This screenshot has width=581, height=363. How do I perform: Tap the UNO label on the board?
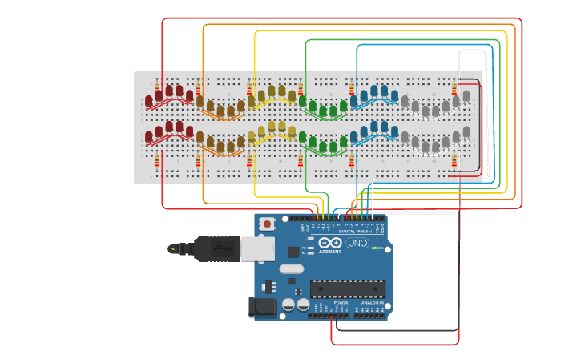click(x=357, y=243)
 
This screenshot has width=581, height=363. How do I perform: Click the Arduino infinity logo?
click(x=329, y=243)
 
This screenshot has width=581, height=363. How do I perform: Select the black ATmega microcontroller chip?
click(x=347, y=288)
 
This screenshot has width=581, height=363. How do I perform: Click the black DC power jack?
click(x=262, y=306)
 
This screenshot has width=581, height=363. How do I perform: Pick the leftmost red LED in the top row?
click(x=149, y=100)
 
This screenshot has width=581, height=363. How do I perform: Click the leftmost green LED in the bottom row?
click(x=303, y=137)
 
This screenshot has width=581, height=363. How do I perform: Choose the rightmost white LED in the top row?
click(x=466, y=95)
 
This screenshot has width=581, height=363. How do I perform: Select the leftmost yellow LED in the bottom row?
click(x=252, y=137)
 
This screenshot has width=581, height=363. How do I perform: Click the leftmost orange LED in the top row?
click(x=200, y=100)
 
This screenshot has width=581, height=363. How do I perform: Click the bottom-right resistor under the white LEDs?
click(x=454, y=163)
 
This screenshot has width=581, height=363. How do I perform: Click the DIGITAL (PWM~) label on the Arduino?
click(x=357, y=231)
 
